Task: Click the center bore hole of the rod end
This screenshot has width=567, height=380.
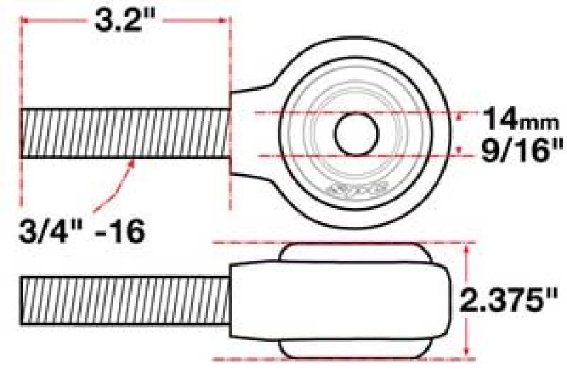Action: click(356, 133)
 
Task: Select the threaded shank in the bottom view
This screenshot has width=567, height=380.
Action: click(126, 298)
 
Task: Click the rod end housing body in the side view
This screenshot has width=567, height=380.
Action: click(340, 298)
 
